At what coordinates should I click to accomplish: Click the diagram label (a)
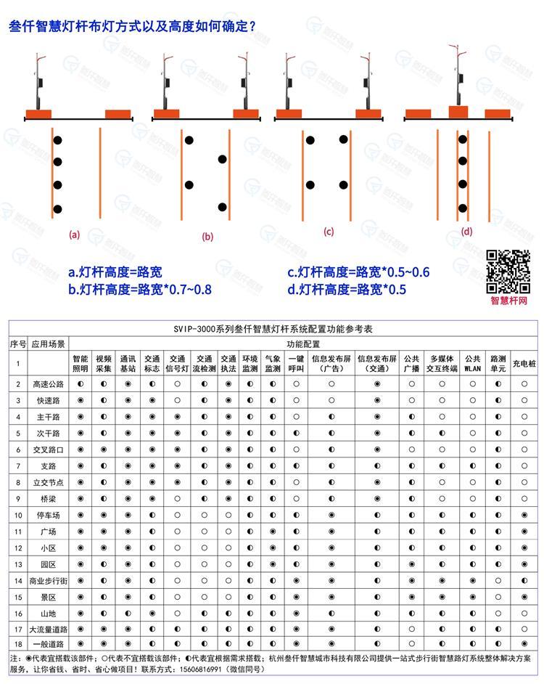[73, 235]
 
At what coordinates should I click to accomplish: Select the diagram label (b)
[207, 236]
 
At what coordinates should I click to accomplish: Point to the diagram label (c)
[329, 232]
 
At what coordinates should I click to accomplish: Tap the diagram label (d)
[466, 232]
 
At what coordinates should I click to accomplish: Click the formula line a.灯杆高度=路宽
[115, 272]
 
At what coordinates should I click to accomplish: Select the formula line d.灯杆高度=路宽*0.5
[346, 289]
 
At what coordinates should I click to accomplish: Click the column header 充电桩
[524, 363]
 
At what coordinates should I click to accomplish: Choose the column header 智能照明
[81, 363]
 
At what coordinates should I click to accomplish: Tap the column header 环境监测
[250, 363]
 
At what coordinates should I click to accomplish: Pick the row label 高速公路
[49, 383]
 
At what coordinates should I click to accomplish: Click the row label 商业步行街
[49, 581]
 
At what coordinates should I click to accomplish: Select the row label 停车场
[49, 515]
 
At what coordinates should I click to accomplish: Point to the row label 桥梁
[49, 499]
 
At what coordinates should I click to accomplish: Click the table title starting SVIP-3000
[272, 328]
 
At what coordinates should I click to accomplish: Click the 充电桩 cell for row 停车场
[524, 515]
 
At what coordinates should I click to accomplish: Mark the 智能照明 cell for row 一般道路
[81, 643]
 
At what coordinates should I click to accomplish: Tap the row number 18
[18, 643]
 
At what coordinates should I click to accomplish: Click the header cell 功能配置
[302, 343]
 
